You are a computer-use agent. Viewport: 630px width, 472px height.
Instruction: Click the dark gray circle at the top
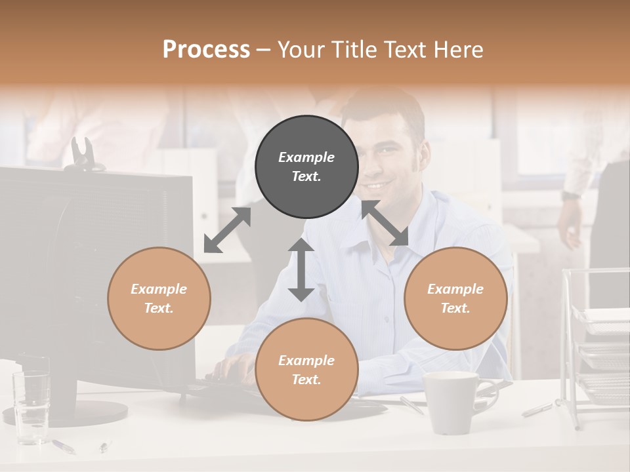(x=306, y=167)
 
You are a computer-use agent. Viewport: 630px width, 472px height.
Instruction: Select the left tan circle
(x=159, y=298)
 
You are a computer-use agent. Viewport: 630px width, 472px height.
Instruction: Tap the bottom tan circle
(x=306, y=370)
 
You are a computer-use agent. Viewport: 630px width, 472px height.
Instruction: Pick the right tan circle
(x=455, y=298)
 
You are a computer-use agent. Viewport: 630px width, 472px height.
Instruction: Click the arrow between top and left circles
(x=227, y=230)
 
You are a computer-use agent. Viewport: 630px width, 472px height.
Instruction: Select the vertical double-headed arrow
(x=301, y=269)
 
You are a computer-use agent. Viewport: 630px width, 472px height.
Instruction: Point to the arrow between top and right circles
(x=385, y=224)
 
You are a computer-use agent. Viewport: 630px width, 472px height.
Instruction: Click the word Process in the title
(x=206, y=49)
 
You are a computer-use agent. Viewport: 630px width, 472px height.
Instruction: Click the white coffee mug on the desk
(x=451, y=401)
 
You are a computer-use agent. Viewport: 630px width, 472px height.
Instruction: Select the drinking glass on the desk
(x=31, y=400)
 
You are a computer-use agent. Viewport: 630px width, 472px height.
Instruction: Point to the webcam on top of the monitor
(x=83, y=155)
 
